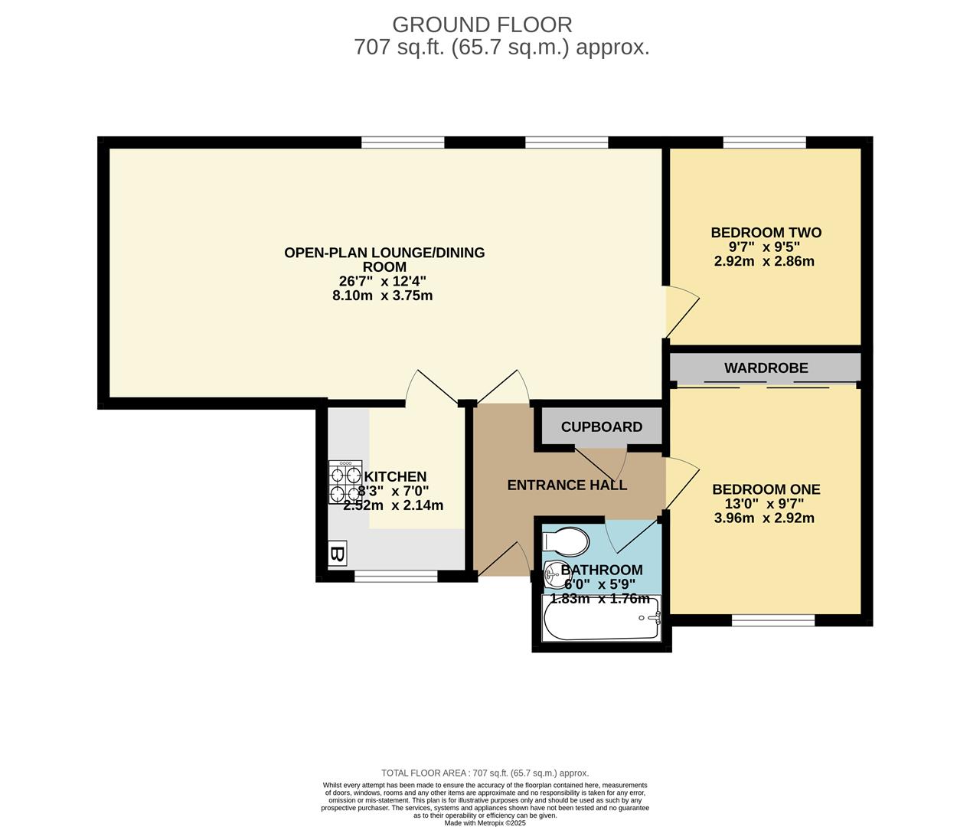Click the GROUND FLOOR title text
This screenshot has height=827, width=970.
(x=482, y=25)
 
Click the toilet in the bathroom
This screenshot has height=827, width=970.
(x=566, y=541)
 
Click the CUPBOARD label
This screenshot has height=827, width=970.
(x=601, y=427)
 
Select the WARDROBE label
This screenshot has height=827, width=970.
(x=766, y=368)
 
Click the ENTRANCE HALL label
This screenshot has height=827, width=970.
(x=567, y=485)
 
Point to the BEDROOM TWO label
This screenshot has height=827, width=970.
(x=766, y=233)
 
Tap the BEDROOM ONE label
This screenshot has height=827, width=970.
(x=766, y=489)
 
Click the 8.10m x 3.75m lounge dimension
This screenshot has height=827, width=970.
(x=382, y=296)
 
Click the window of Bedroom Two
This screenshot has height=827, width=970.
(x=764, y=142)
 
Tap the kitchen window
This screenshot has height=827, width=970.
(x=396, y=576)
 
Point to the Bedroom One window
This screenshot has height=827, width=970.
(x=773, y=620)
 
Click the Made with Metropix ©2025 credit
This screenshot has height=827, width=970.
(x=485, y=823)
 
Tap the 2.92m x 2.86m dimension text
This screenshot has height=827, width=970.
(x=764, y=261)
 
